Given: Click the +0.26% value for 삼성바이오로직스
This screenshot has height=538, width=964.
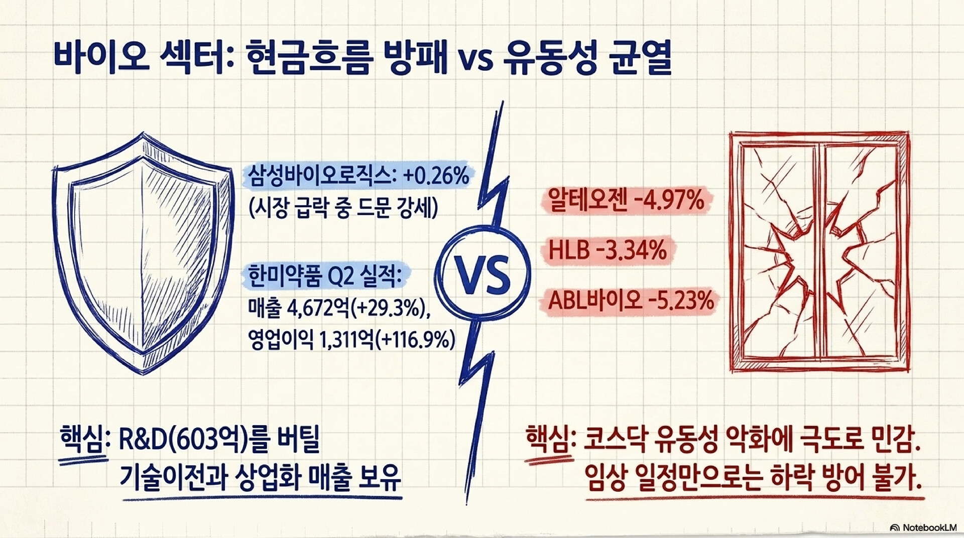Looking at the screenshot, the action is pyautogui.click(x=436, y=176).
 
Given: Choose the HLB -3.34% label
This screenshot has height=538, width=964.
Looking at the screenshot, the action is pyautogui.click(x=608, y=250).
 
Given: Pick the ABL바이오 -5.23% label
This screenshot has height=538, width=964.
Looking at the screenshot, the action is pyautogui.click(x=631, y=300).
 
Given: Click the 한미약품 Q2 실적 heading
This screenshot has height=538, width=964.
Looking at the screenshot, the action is pyautogui.click(x=325, y=276).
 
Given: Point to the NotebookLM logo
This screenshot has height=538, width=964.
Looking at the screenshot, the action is pyautogui.click(x=922, y=527).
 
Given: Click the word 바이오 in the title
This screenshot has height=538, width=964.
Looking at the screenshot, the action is pyautogui.click(x=100, y=58).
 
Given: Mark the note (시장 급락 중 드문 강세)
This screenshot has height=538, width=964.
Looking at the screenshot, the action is pyautogui.click(x=343, y=207).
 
